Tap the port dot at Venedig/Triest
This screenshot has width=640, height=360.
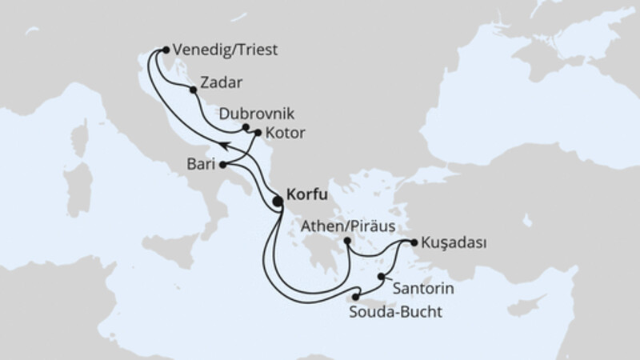[x=166, y=49]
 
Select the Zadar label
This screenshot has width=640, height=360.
[x=223, y=82]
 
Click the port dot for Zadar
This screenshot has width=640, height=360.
[x=192, y=90]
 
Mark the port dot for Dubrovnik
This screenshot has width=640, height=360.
[x=246, y=127]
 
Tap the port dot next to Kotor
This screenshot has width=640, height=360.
[x=258, y=132]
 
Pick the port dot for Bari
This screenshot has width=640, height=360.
[x=222, y=166]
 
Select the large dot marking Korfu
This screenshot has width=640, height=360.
[x=278, y=202]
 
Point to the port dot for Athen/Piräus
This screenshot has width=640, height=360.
[x=347, y=241]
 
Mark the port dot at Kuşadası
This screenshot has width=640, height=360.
[x=413, y=242]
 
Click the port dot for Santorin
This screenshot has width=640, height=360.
[x=380, y=276]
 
